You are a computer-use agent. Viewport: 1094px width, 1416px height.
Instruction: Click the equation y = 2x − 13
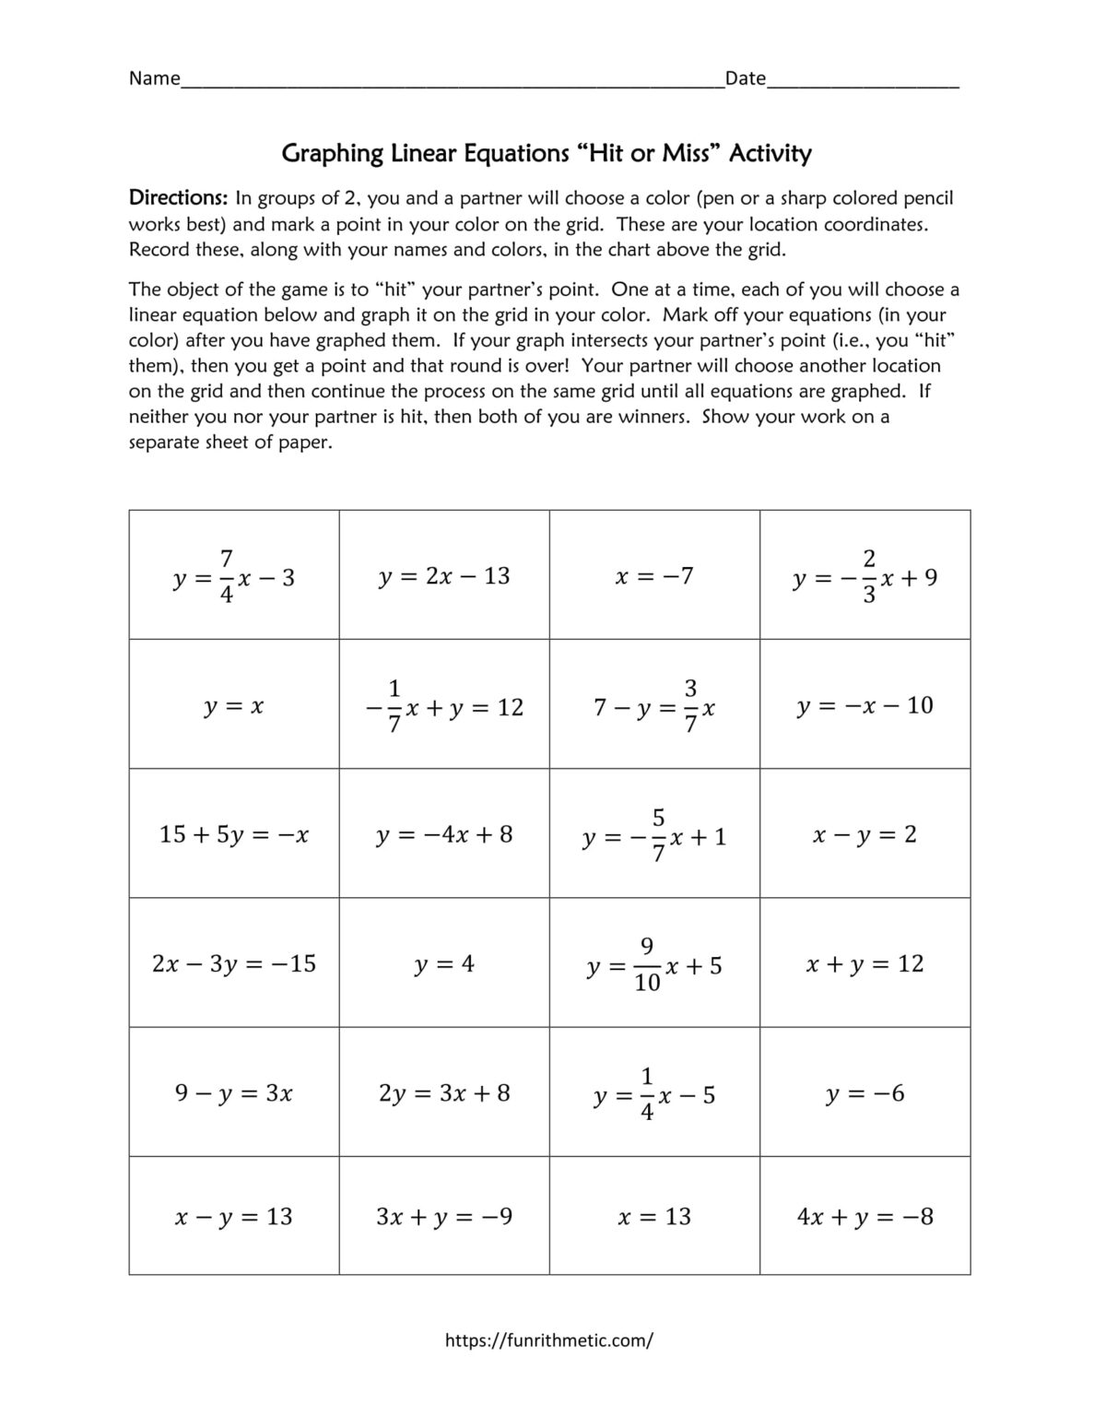[x=443, y=576]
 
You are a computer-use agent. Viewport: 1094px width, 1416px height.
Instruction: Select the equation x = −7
[x=654, y=576]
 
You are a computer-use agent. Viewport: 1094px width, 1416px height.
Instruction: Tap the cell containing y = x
[x=233, y=706]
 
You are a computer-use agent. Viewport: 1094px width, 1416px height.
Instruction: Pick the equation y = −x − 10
[x=865, y=705]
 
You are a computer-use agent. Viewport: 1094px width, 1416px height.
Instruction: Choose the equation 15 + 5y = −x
[x=233, y=834]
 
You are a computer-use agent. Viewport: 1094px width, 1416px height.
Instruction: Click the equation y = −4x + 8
[x=443, y=834]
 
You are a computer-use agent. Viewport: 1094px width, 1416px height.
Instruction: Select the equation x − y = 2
[x=865, y=834]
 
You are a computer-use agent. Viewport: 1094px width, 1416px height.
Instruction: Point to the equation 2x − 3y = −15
[x=233, y=963]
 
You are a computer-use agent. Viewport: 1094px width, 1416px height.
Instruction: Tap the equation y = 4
[x=443, y=964]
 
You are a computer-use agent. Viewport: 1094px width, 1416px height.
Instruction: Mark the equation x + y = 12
[x=865, y=963]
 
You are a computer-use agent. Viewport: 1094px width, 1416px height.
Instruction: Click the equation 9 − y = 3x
[x=233, y=1093]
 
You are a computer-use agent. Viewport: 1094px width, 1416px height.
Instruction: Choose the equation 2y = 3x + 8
[x=443, y=1093]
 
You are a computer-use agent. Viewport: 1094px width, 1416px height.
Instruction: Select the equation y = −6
[x=865, y=1093]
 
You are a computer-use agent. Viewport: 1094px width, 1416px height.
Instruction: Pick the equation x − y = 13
[x=233, y=1217]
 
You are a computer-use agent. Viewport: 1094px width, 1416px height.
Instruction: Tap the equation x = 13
[x=654, y=1217]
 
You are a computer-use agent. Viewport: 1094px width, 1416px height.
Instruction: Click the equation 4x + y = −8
[x=865, y=1217]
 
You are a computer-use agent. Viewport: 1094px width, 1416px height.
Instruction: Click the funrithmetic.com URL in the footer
[x=548, y=1340]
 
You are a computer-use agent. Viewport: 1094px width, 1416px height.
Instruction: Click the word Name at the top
[x=154, y=78]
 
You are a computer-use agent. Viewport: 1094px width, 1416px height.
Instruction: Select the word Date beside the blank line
[x=745, y=78]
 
